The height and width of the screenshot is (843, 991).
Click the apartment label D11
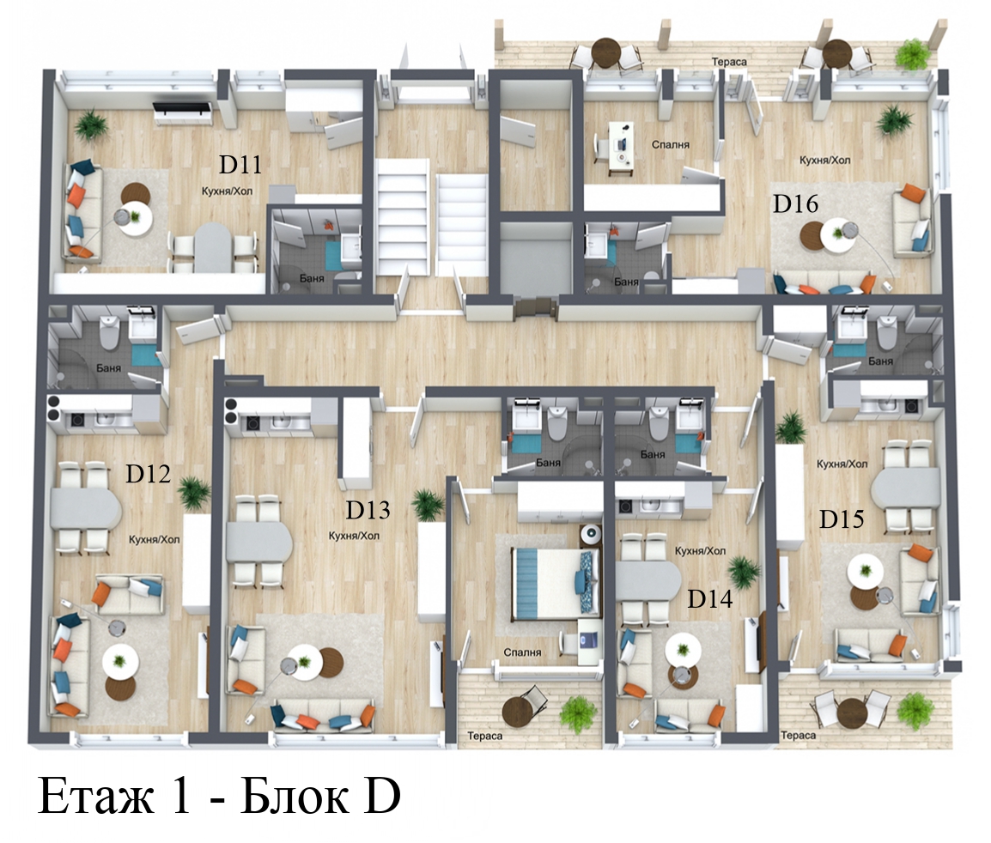coord(240,164)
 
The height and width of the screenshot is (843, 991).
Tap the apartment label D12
coord(148,473)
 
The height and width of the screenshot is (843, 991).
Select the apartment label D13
coord(368,510)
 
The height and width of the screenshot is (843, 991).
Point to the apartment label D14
coord(709,598)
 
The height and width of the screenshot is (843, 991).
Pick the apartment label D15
coord(842,519)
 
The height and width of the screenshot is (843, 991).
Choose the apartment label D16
coord(796,204)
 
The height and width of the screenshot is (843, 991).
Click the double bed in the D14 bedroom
coord(556,583)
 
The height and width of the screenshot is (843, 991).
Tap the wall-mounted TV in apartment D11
coord(183,109)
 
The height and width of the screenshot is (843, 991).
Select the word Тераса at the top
coord(729,62)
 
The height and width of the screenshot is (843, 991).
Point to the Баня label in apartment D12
coord(109,367)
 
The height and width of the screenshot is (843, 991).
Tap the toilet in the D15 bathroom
coord(887,331)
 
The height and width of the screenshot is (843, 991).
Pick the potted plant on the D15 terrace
coord(915,710)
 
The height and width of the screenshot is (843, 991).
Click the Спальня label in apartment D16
coord(671,145)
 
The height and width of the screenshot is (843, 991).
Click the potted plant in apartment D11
coord(92,126)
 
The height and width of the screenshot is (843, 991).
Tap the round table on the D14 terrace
coord(519,712)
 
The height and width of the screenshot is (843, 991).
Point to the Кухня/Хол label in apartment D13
coord(354,536)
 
